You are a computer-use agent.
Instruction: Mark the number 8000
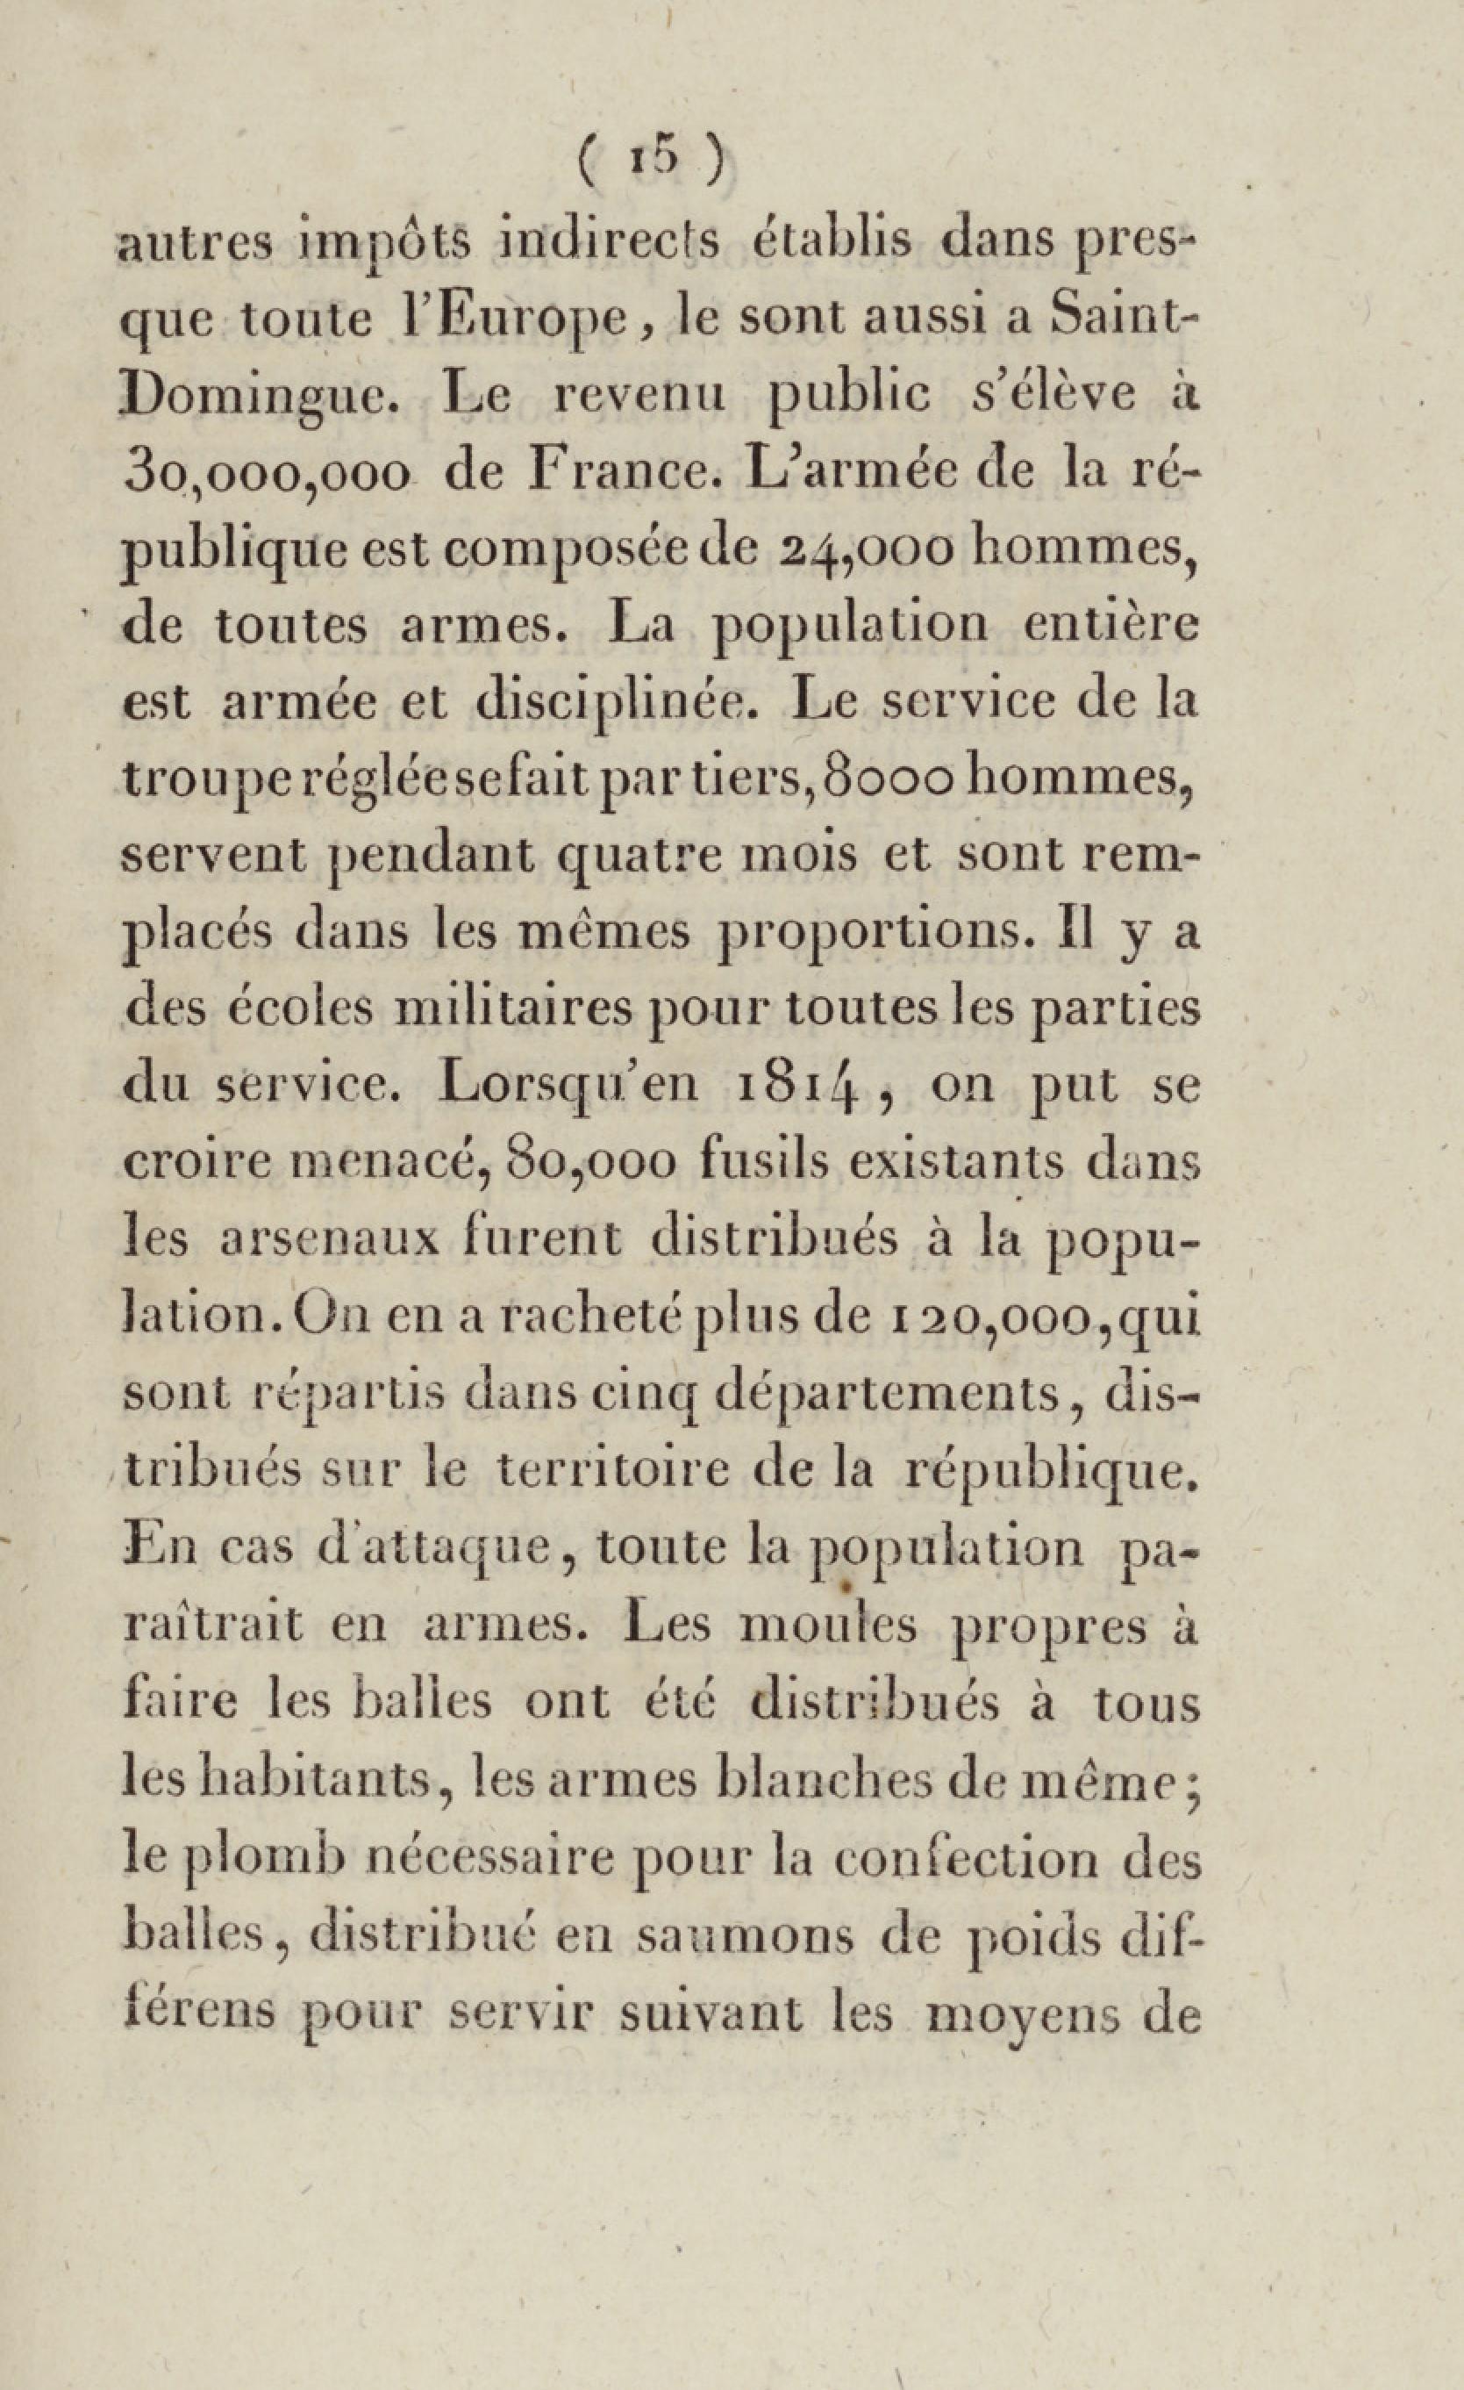point(893,777)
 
